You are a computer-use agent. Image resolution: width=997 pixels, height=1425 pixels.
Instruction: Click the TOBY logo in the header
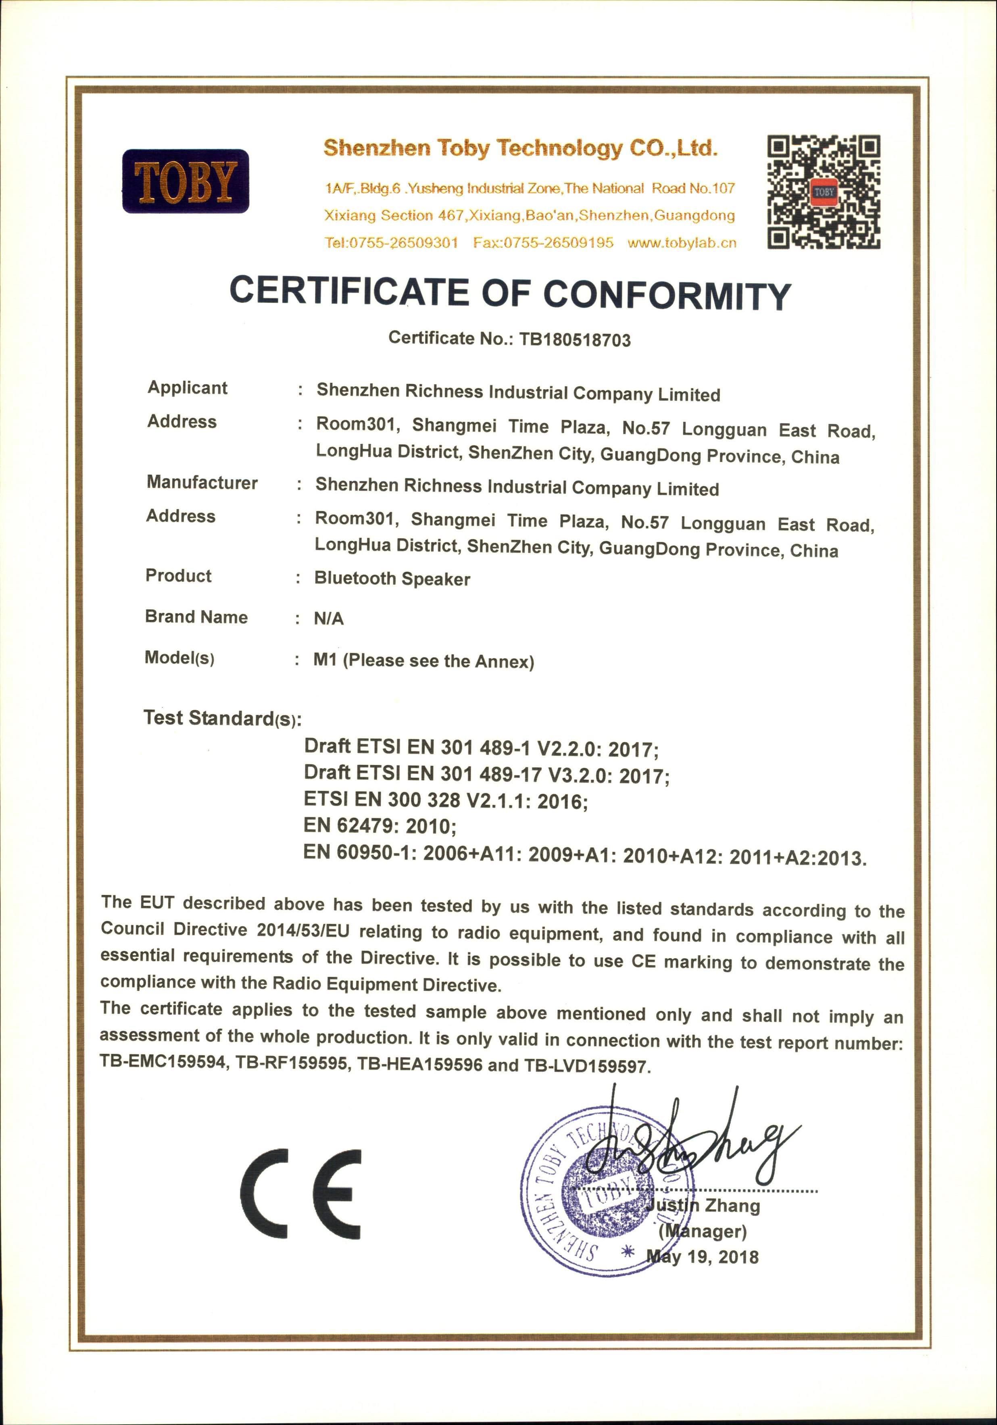click(185, 181)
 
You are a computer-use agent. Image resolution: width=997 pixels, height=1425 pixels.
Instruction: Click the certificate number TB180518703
click(574, 340)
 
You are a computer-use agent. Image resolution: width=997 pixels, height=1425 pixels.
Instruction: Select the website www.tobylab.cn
click(682, 243)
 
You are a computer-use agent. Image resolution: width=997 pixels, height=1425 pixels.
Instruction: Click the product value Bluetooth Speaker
click(392, 579)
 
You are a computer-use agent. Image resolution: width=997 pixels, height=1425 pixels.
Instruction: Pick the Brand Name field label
click(196, 617)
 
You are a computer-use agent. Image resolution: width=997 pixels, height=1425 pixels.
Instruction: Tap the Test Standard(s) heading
click(222, 718)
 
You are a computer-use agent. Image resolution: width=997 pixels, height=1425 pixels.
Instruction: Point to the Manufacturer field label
click(202, 483)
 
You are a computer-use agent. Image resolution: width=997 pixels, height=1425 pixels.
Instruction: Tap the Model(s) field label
click(179, 658)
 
